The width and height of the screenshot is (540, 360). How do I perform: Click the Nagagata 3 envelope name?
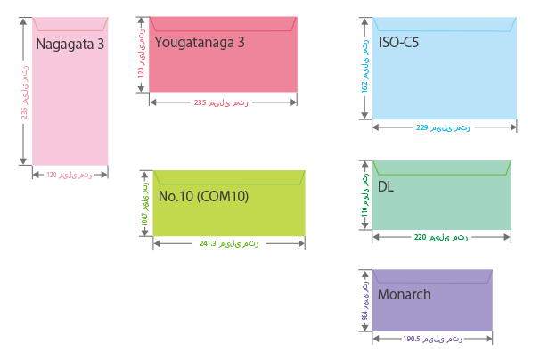click(70, 44)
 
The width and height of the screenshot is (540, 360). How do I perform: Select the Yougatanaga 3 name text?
click(199, 42)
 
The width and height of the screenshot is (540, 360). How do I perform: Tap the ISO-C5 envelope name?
click(401, 42)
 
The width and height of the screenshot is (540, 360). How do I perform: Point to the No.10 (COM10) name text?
click(203, 196)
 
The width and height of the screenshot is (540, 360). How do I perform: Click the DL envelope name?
click(386, 186)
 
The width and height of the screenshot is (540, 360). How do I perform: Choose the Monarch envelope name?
click(404, 295)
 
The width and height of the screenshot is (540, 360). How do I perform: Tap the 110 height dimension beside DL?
click(364, 195)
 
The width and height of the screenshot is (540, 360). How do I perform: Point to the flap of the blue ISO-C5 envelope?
click(444, 24)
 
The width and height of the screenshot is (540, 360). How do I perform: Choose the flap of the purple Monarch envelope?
click(431, 277)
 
